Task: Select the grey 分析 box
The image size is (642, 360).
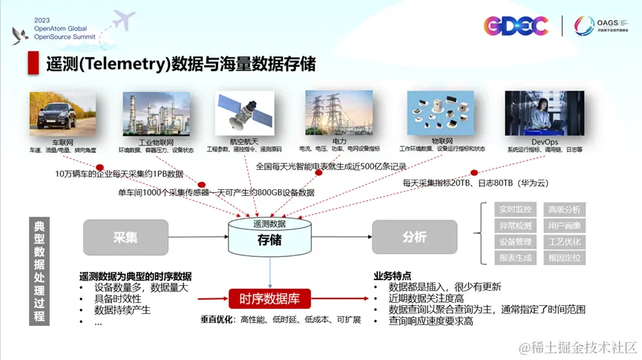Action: (x=414, y=238)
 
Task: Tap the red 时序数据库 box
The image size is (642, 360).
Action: (x=269, y=299)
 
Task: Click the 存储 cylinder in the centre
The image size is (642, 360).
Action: (x=269, y=237)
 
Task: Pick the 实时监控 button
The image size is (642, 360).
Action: (x=514, y=209)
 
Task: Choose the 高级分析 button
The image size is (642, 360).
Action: (x=564, y=209)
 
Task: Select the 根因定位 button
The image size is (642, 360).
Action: (x=564, y=258)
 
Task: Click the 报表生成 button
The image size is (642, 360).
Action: (x=514, y=258)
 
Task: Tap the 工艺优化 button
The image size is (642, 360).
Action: (x=564, y=242)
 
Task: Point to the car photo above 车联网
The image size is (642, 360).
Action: (x=63, y=113)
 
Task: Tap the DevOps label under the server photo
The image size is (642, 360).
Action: (x=545, y=141)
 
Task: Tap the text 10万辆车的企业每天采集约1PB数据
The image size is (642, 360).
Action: (x=119, y=174)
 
